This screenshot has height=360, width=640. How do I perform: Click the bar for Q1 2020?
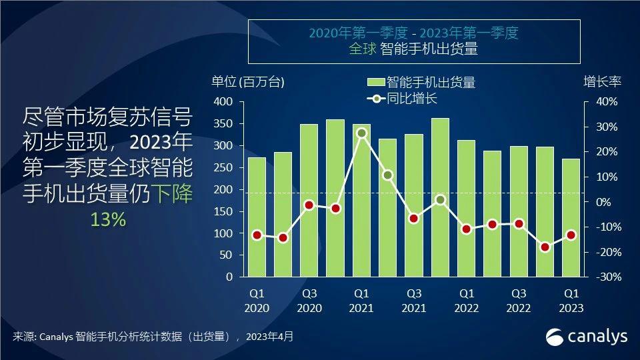click(x=257, y=217)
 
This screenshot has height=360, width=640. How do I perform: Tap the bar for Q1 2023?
click(x=571, y=217)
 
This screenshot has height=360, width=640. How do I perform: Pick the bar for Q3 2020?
click(x=309, y=200)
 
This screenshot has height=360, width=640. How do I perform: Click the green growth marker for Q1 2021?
click(x=361, y=133)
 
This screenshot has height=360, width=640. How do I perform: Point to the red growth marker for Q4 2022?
click(x=545, y=247)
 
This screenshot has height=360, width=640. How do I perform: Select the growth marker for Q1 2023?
click(x=571, y=235)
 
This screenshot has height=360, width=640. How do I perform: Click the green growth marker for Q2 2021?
click(x=388, y=175)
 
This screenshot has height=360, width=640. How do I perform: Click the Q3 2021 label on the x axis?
click(x=414, y=300)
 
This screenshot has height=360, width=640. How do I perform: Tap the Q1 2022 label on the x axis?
click(x=467, y=300)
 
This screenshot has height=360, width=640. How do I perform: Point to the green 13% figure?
click(x=108, y=220)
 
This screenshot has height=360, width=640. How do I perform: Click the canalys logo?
click(x=587, y=337)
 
